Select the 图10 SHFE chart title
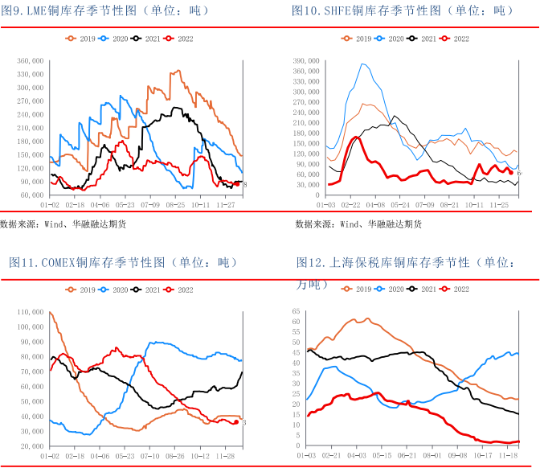(x=402, y=11)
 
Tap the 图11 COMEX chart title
(x=124, y=262)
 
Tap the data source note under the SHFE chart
(x=358, y=224)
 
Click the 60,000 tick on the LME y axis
(x=31, y=195)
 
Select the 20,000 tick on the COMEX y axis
(x=31, y=445)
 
